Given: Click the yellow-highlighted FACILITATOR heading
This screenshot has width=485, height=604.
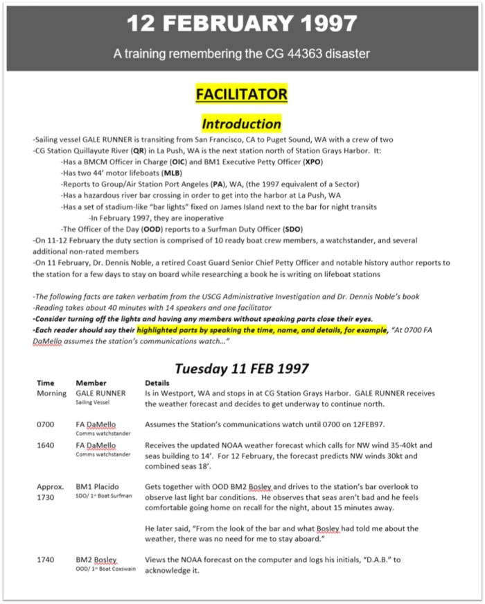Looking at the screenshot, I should (x=242, y=94).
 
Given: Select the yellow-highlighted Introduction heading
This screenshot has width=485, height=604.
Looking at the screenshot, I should (x=242, y=123).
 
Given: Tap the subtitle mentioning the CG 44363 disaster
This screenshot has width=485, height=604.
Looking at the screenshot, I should (x=242, y=53).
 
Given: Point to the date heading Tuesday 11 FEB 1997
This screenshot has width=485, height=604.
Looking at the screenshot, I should (x=242, y=368).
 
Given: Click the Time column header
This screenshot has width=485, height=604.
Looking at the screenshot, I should (x=45, y=382).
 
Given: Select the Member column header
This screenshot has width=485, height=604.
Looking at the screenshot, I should (x=91, y=382).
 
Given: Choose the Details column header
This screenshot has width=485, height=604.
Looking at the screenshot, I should (x=159, y=382).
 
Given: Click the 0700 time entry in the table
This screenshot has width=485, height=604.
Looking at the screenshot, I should (x=45, y=424).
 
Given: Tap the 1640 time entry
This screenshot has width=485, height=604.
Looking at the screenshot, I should (x=45, y=445).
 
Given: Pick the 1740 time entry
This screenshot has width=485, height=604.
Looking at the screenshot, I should (x=45, y=560).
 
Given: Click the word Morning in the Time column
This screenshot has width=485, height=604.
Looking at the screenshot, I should (x=52, y=392).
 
